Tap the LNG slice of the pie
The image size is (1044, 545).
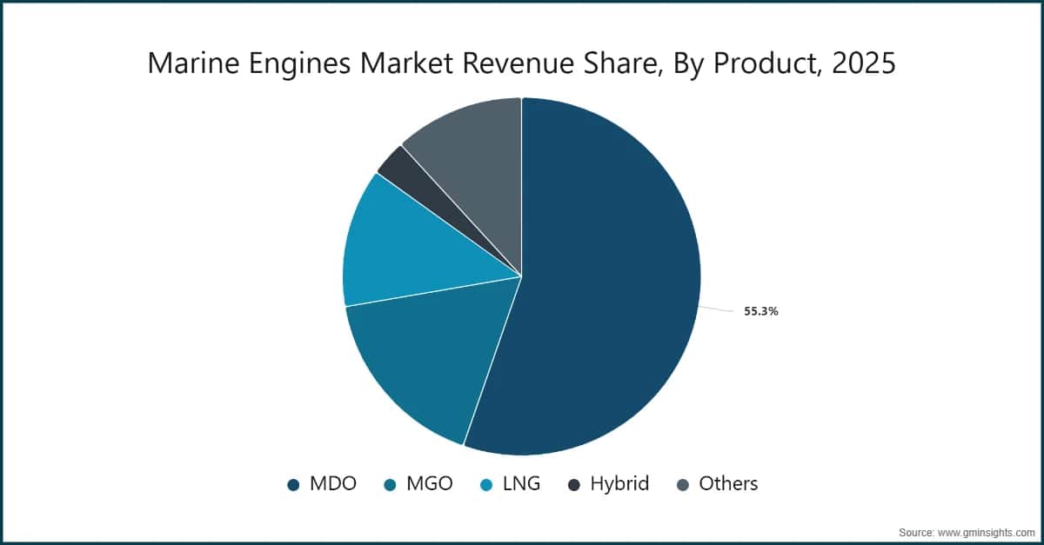(409, 243)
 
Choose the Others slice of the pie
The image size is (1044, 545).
(470, 148)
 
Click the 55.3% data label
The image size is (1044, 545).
(760, 311)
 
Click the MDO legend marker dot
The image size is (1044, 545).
(294, 485)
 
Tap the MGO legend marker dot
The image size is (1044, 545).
(390, 485)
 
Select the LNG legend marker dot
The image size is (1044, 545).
(488, 485)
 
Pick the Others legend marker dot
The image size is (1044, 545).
(683, 485)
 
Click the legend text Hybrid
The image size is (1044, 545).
(619, 484)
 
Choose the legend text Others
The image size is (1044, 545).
(728, 484)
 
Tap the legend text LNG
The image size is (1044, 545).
(521, 484)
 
